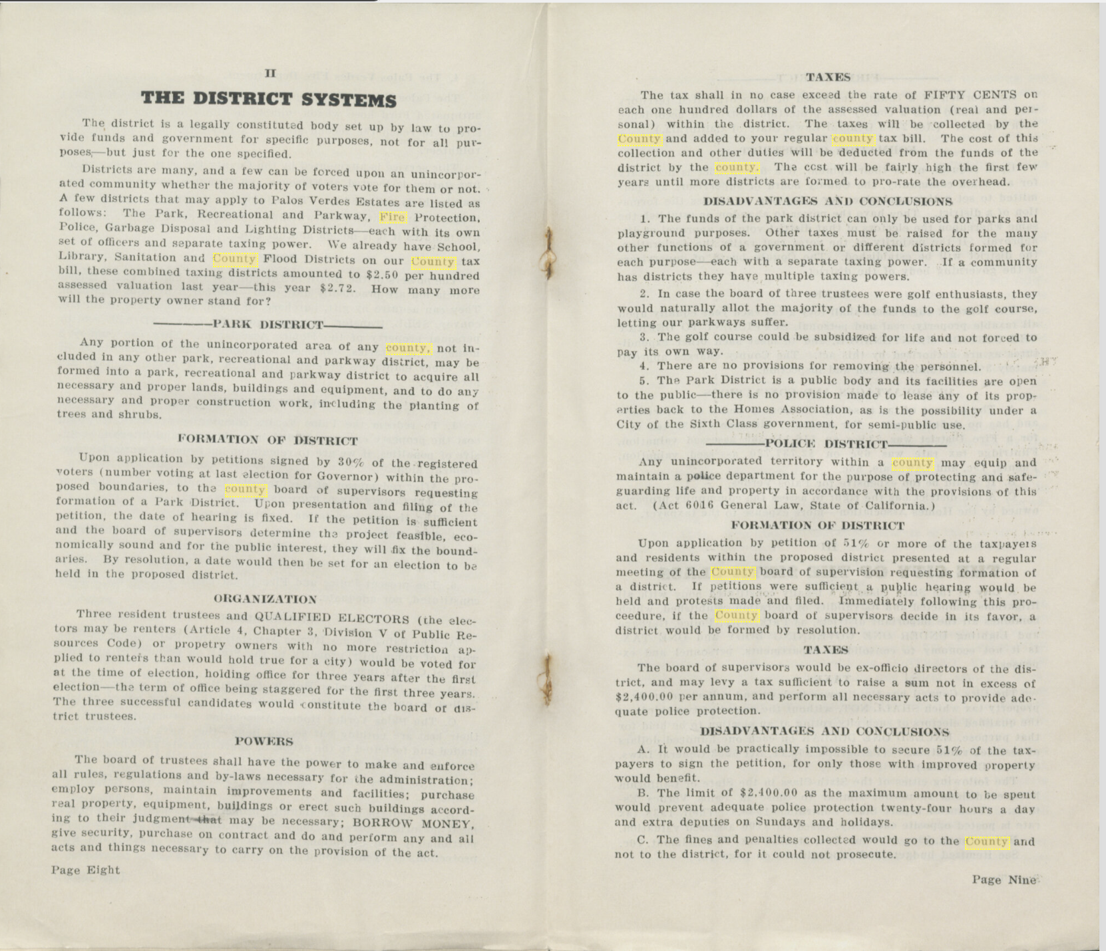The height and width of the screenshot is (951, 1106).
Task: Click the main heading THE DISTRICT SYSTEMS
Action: [268, 100]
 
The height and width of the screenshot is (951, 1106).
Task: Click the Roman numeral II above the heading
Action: [270, 73]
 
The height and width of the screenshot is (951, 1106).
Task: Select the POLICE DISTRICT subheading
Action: [826, 444]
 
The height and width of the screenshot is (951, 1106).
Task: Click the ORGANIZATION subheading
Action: [266, 599]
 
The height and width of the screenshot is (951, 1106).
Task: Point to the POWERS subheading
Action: [264, 741]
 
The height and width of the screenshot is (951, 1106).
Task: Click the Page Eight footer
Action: [86, 870]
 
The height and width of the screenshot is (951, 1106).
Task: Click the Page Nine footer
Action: [1004, 880]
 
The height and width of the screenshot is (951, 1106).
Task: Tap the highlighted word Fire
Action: [392, 217]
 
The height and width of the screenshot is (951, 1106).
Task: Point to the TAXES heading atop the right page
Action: [827, 77]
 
